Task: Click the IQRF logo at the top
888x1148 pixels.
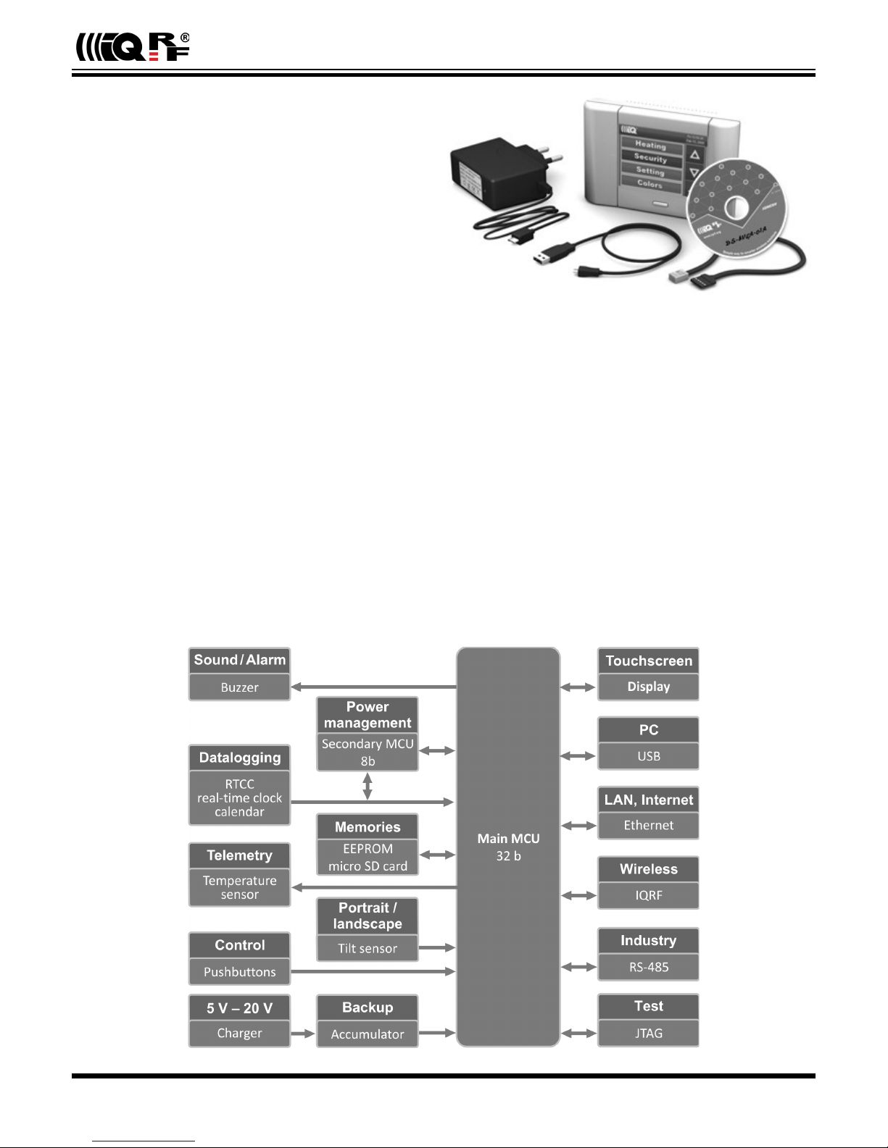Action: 133,48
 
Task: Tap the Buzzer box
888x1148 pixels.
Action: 239,687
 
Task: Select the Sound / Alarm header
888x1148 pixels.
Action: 239,660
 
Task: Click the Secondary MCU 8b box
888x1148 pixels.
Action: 368,753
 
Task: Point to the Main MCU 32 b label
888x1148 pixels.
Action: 508,847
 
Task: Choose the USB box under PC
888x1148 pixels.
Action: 648,756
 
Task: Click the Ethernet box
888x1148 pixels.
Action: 648,826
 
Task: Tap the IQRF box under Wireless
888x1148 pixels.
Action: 648,895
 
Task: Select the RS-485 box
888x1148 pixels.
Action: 648,967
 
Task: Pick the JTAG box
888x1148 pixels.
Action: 648,1034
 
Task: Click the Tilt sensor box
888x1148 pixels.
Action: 368,948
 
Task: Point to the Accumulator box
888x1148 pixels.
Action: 368,1034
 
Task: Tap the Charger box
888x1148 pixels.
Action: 239,1034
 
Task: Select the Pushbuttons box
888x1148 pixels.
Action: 239,972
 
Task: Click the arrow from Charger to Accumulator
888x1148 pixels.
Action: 303,1034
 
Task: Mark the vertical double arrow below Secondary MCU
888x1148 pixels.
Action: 368,786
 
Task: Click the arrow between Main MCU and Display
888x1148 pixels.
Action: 578,687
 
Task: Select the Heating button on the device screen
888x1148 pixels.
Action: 650,145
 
